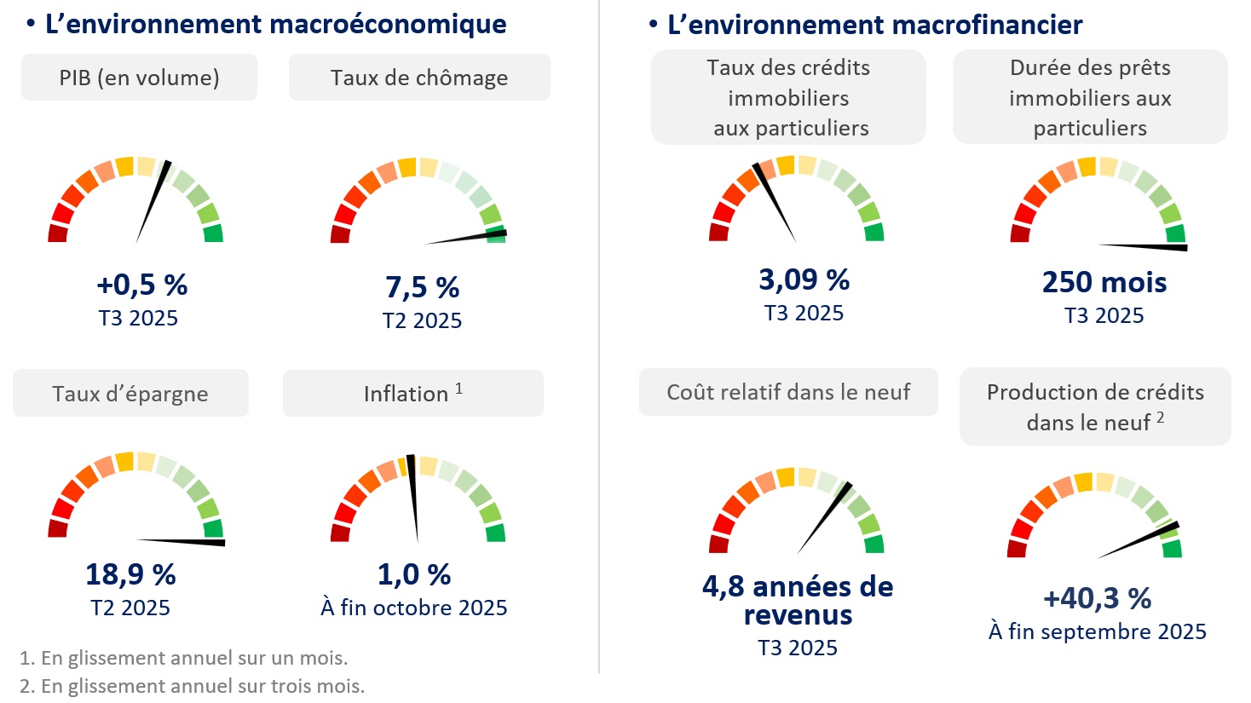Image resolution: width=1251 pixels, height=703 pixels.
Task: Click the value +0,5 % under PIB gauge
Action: coord(141,285)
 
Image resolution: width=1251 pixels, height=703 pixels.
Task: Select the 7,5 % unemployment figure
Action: coord(422,288)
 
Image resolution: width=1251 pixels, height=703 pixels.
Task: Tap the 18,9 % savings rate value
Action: coord(130,575)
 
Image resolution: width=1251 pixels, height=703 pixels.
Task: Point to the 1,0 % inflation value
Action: coord(414,575)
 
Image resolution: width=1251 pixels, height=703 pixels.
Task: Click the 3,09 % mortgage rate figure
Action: coord(804,279)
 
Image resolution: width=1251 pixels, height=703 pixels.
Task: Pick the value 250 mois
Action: coord(1104,282)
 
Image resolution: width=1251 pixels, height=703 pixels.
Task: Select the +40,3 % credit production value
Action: coord(1097,599)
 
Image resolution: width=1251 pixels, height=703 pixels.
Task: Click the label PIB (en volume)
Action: coord(139,78)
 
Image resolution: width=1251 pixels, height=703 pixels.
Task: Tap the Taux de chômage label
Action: coord(419,78)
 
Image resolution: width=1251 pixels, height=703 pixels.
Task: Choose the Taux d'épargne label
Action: coord(130,394)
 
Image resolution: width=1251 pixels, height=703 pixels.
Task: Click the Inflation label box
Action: coord(413,394)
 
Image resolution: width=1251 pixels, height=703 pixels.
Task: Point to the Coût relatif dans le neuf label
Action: coord(788,392)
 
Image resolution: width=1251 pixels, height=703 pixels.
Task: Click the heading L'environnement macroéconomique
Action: coord(275,24)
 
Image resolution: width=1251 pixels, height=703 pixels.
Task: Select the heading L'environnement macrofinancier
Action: coord(874,25)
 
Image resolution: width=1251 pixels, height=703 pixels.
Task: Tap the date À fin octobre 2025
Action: coord(414,608)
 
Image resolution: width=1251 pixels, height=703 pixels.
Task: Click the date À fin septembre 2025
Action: coord(1098,631)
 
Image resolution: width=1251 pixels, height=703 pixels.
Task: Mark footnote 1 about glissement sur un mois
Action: coord(183,658)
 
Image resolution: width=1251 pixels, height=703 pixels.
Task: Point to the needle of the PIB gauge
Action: coord(153,201)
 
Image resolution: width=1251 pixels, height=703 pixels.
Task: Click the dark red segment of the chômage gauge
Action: coord(340,234)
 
